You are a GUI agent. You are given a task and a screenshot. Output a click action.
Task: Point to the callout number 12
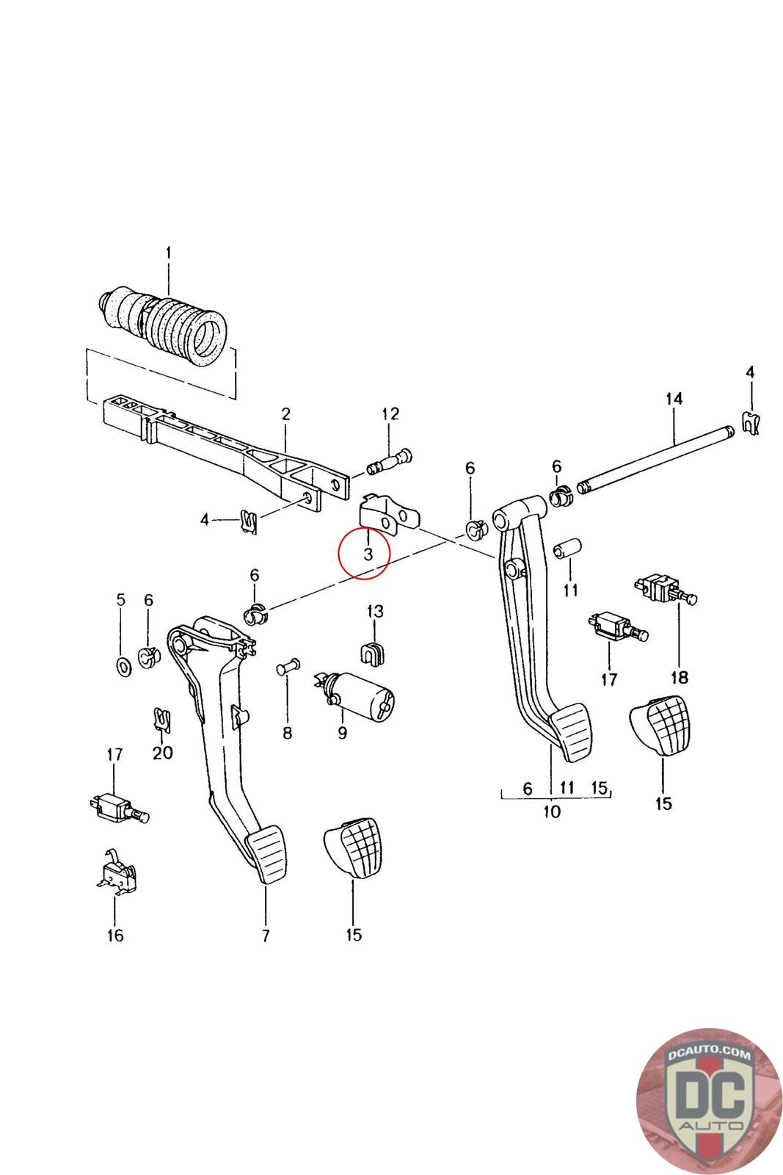click(x=390, y=414)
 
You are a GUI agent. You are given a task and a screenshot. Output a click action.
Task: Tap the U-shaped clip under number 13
click(x=374, y=651)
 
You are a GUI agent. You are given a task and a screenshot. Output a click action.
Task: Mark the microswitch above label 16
click(x=116, y=875)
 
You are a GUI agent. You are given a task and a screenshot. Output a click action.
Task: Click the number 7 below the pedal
click(x=266, y=935)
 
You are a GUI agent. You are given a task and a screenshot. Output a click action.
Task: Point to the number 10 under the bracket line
click(x=551, y=811)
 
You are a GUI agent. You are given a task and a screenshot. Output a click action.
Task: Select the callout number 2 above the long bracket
click(x=285, y=414)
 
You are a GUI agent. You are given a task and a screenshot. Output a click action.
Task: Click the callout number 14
click(x=674, y=399)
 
